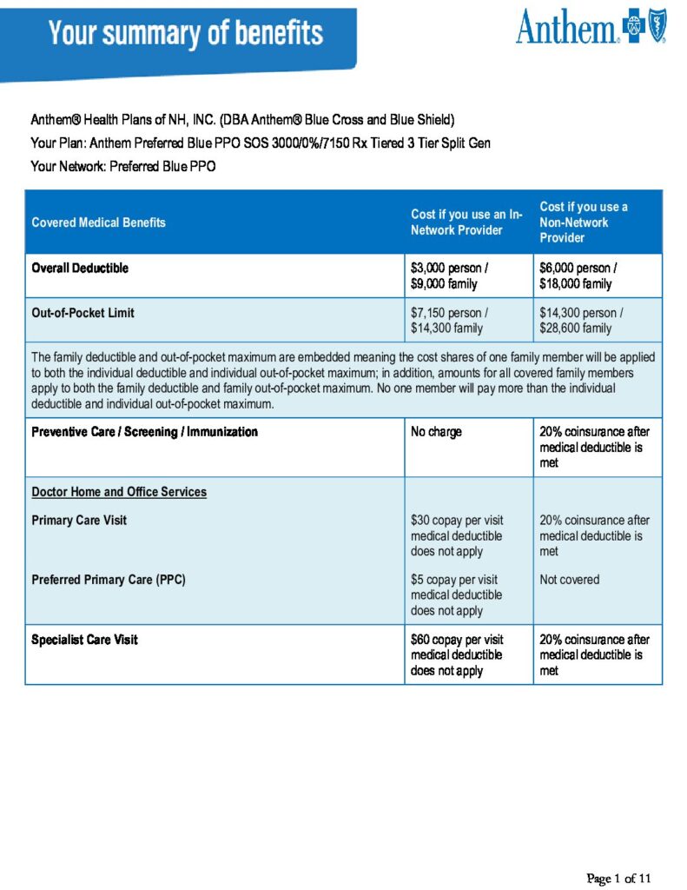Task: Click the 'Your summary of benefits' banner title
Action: [186, 34]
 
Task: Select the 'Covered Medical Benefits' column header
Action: [98, 222]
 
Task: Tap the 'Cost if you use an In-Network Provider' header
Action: [466, 222]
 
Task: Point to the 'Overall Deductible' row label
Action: [80, 268]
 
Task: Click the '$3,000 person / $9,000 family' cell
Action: [449, 276]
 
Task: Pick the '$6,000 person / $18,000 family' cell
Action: [578, 276]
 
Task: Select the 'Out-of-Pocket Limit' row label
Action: [83, 313]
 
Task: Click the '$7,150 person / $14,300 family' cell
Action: [449, 320]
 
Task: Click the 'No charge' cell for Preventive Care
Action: [436, 431]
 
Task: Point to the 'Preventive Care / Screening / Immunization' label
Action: [144, 431]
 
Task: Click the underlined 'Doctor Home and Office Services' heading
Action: [119, 492]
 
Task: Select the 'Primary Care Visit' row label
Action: [79, 521]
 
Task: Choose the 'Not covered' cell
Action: [569, 580]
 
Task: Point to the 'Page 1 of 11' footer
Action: [618, 878]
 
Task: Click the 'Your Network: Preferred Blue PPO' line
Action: [122, 166]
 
